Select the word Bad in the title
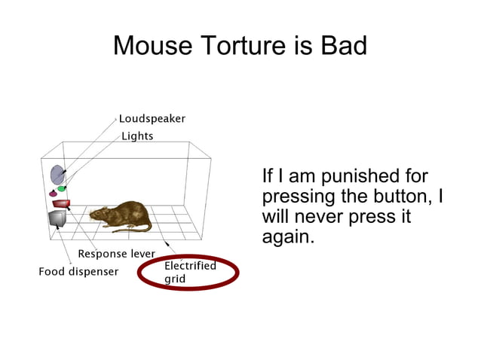point(343,47)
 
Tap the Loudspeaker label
point(152,119)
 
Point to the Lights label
point(137,136)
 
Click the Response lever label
point(116,254)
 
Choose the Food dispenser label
point(78,271)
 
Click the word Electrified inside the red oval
point(190,266)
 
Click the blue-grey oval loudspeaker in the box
point(57,175)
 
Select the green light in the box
point(62,188)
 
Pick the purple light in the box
point(53,194)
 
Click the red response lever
point(61,203)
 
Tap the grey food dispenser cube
point(57,218)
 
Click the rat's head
point(99,215)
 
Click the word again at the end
point(286,238)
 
